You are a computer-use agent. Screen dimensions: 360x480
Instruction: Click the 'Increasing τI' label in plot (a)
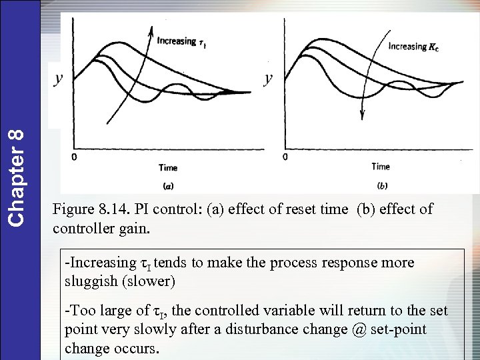point(181,41)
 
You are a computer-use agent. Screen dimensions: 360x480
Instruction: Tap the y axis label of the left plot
point(59,79)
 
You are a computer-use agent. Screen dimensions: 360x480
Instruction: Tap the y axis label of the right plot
point(268,79)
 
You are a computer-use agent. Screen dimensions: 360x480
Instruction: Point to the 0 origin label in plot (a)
point(75,157)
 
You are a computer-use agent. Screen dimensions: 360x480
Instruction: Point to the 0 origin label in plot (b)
point(285,157)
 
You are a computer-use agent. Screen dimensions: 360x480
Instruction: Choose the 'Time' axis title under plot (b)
point(381,166)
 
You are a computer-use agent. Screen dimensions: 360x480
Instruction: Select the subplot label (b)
point(382,185)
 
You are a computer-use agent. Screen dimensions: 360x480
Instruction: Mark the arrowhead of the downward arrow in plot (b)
point(362,115)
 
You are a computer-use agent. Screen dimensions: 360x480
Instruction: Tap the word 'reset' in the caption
point(300,209)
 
